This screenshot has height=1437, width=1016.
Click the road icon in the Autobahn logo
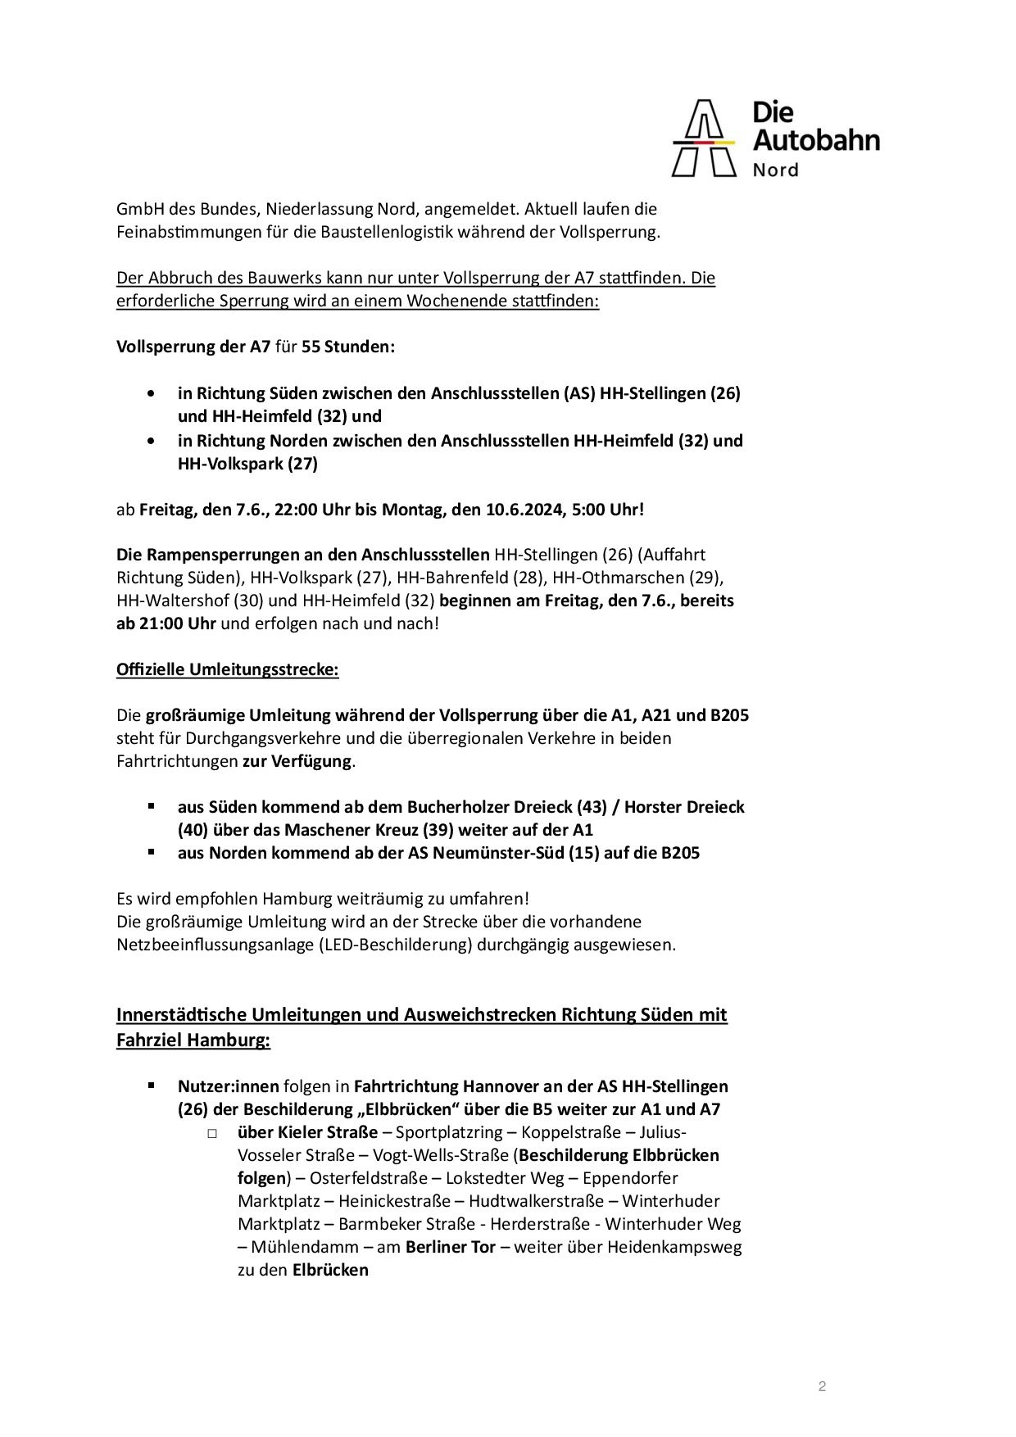[704, 138]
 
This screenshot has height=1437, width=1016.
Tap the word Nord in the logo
[775, 170]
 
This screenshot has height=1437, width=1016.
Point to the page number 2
[822, 1386]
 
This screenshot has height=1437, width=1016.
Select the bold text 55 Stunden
[348, 347]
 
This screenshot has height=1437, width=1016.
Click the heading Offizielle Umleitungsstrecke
[227, 669]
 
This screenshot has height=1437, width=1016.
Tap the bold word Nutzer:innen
[228, 1086]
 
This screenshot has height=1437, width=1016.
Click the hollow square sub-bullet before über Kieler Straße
[213, 1133]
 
